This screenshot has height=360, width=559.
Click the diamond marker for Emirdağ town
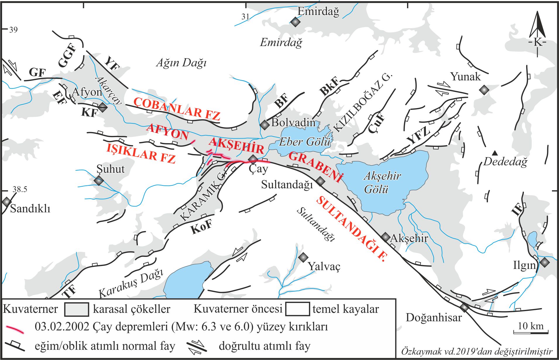pos(295,22)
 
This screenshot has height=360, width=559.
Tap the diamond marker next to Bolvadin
pos(265,125)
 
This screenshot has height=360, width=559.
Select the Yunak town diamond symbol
pos(485,90)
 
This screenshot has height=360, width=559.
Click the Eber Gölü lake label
pos(304,142)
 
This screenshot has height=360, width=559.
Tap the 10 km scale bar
pos(531,332)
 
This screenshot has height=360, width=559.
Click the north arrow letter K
pos(538,42)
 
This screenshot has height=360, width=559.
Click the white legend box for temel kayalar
pos(297,309)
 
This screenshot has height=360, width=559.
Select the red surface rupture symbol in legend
pos(15,328)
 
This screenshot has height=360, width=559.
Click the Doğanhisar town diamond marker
pos(464,308)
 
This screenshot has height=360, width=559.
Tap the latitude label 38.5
pos(20,189)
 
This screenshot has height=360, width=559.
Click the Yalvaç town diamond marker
pos(303,257)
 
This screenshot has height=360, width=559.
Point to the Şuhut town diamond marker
pos(99,180)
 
